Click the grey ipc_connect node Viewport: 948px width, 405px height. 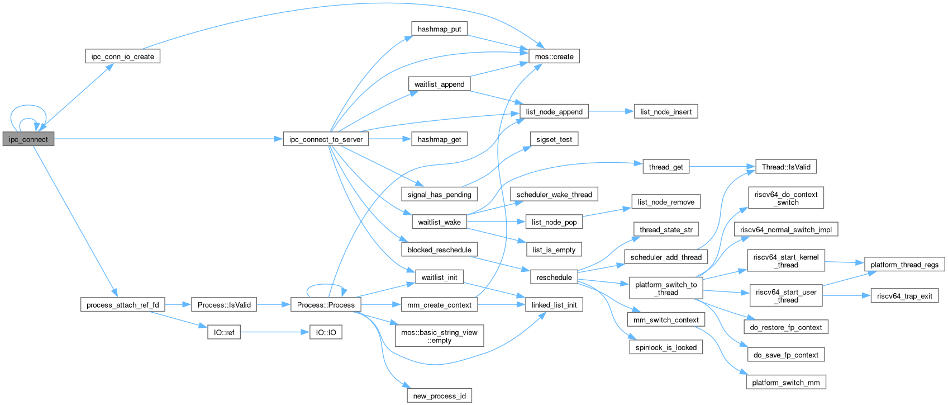(28, 139)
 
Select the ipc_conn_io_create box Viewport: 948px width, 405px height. (122, 56)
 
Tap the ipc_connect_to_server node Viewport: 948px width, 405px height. (326, 139)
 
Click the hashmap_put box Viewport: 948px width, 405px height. (439, 29)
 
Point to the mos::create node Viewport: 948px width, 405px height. (554, 56)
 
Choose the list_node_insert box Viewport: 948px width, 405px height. (666, 112)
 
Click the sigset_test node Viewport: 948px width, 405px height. (554, 139)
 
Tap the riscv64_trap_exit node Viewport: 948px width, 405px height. (904, 296)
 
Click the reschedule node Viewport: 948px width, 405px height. (554, 277)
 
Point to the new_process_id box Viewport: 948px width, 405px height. (439, 396)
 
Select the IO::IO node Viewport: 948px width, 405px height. (326, 332)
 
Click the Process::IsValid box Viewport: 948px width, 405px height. (224, 305)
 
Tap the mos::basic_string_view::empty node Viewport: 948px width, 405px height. (439, 336)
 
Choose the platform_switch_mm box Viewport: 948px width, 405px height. (786, 383)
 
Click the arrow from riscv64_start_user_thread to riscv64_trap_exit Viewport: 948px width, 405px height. (847, 296)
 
